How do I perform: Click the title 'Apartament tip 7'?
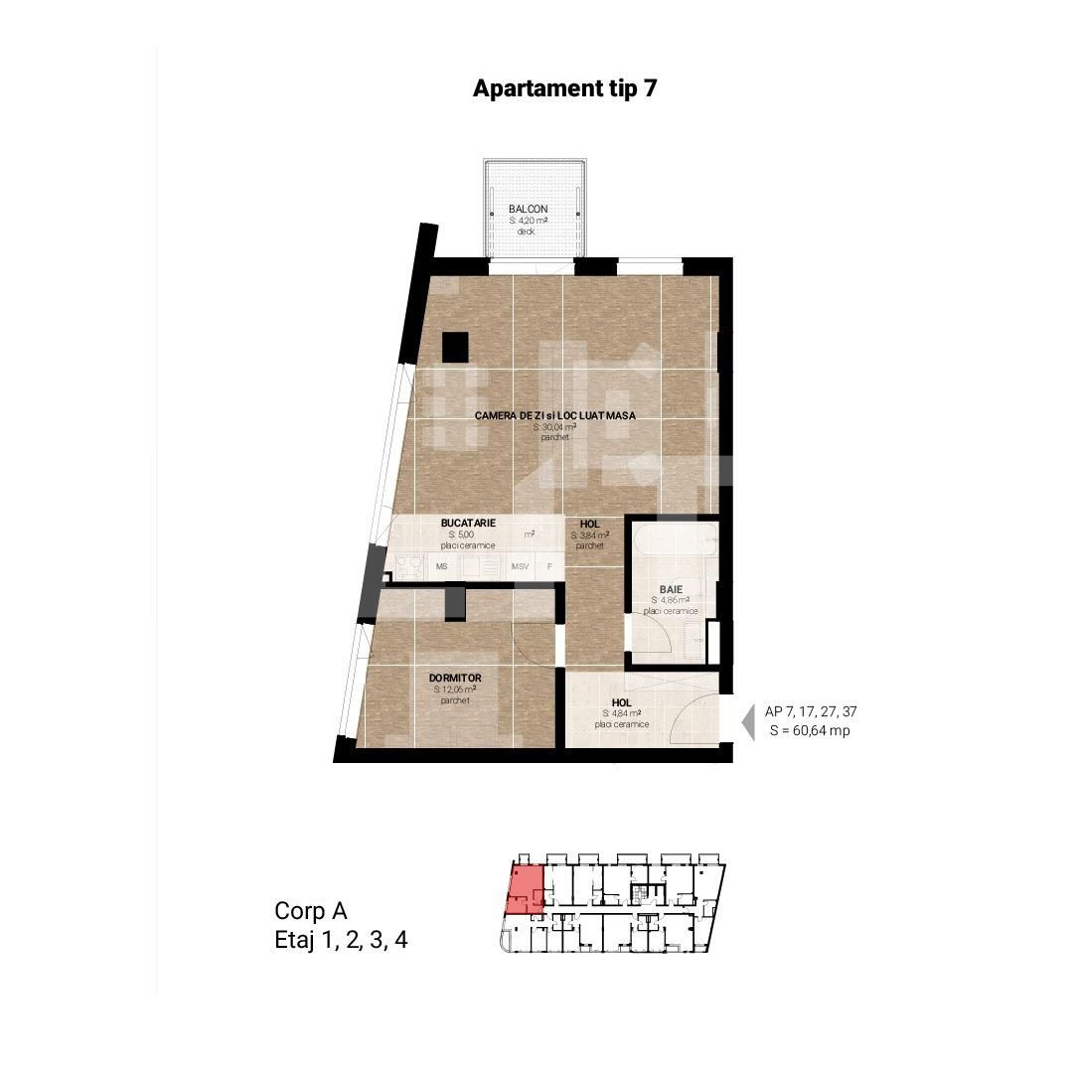[x=565, y=88]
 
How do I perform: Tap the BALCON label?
[x=528, y=209]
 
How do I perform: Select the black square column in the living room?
[x=455, y=347]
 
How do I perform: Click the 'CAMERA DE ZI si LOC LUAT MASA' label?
[x=554, y=415]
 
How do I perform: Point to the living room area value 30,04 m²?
[x=554, y=426]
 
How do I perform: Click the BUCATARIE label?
[x=468, y=523]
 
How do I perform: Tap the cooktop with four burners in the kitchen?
[x=409, y=567]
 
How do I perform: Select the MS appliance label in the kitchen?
[x=441, y=567]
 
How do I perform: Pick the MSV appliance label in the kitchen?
[x=521, y=567]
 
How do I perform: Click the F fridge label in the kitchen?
[x=549, y=567]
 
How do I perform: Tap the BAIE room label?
[x=671, y=589]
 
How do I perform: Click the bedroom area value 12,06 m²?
[x=455, y=690]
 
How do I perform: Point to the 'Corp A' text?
[x=310, y=911]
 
